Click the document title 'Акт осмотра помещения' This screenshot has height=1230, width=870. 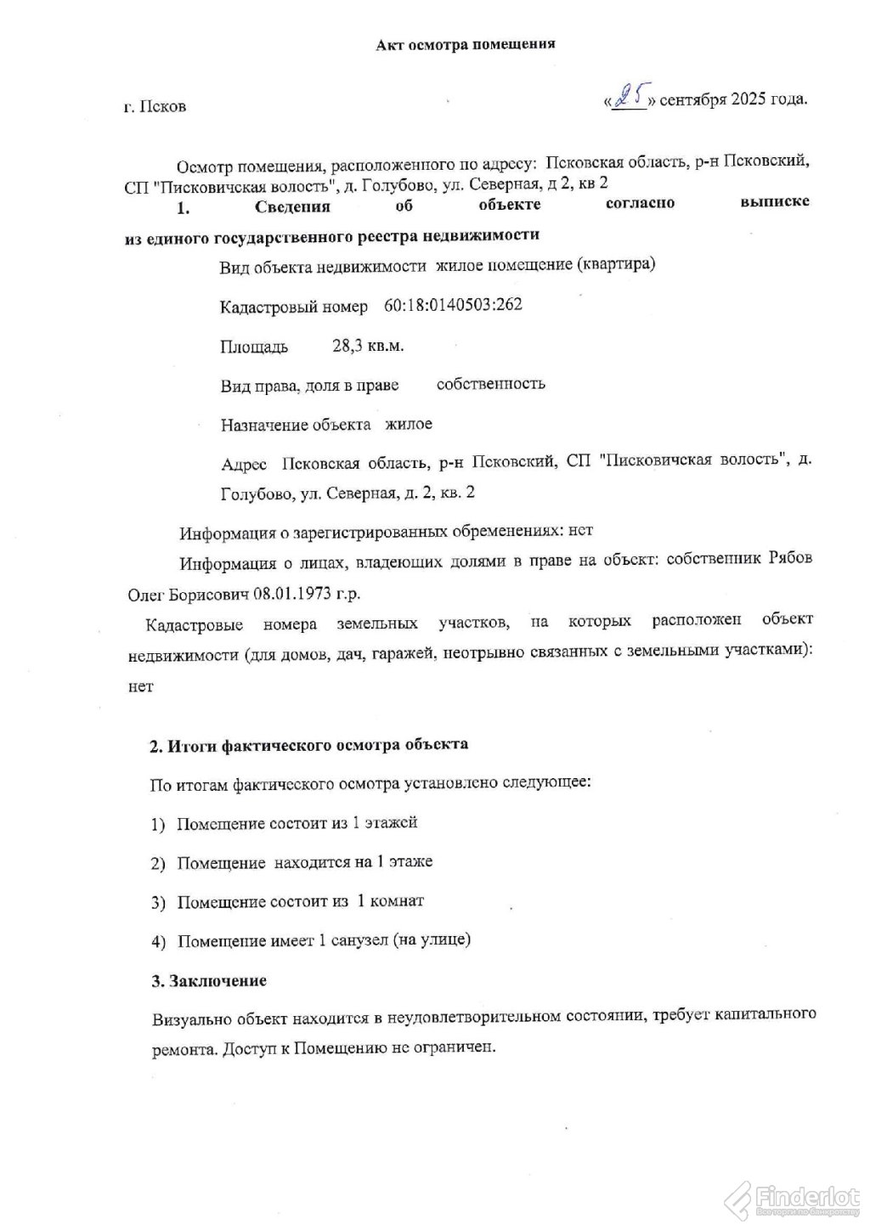coord(466,44)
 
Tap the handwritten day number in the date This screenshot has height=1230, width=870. coord(630,99)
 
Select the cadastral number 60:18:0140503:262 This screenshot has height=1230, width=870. coord(453,306)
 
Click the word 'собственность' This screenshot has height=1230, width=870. coord(490,384)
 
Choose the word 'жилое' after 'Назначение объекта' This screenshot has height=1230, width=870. coord(409,424)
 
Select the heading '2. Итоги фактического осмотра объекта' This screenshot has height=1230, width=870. coord(308,745)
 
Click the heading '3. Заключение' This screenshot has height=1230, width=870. coord(209,980)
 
